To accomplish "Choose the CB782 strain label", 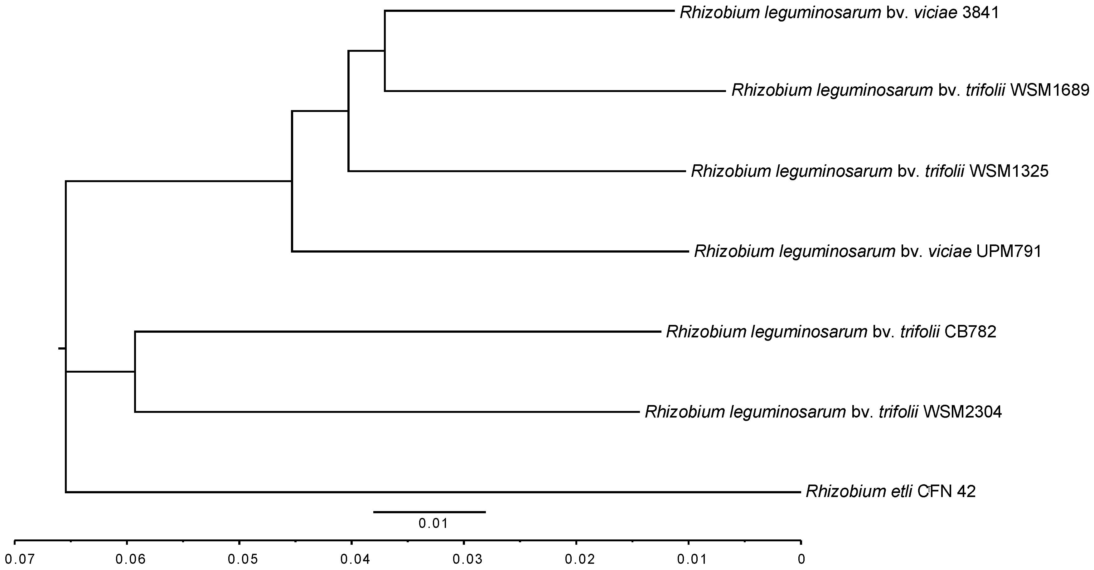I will [x=971, y=332].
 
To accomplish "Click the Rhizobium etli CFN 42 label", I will [x=891, y=491].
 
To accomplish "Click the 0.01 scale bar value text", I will [x=433, y=523].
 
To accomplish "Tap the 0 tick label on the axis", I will [x=801, y=559].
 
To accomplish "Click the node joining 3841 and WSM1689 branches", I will [x=385, y=51].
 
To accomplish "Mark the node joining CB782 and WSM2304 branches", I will [x=135, y=372].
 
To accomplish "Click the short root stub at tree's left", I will [x=61, y=349].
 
